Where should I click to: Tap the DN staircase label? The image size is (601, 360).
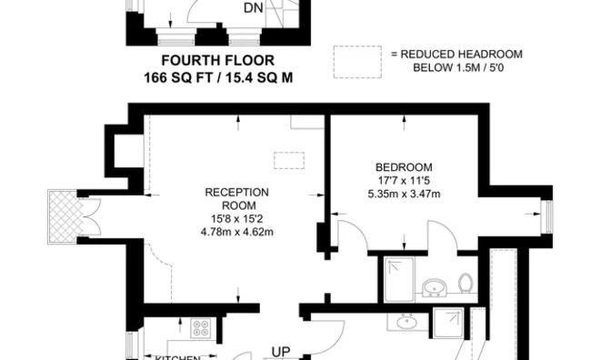tap(254, 9)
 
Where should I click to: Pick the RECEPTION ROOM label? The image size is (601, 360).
tap(236, 198)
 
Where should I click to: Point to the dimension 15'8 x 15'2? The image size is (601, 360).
tap(236, 218)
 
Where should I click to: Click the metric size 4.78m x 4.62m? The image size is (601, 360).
tap(236, 231)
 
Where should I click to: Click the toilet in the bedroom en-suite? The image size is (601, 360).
tap(466, 284)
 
